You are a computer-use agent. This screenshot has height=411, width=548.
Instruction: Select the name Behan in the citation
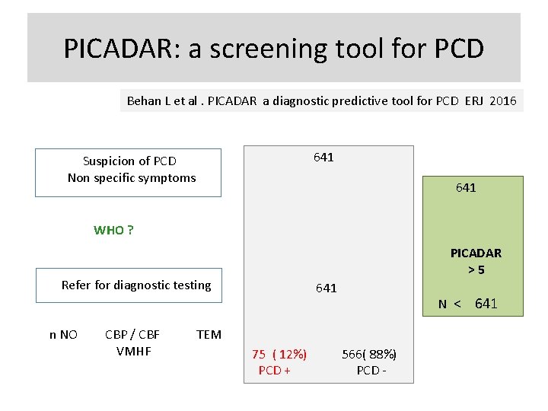pos(144,100)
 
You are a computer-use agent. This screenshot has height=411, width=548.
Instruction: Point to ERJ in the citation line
pos(474,100)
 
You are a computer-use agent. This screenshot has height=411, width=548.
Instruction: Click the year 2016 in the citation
pos(503,100)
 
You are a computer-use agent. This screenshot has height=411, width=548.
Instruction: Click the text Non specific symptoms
pos(132,177)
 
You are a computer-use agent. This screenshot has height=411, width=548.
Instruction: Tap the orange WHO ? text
pos(113,230)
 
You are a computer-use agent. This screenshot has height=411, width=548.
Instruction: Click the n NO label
pos(63,334)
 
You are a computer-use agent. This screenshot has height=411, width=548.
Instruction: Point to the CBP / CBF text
pos(132,334)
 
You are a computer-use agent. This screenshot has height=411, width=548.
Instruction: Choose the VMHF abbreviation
pos(134,351)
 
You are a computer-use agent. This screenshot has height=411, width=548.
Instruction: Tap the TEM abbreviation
pos(209,334)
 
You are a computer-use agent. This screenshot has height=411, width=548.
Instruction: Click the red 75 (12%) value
pos(279,354)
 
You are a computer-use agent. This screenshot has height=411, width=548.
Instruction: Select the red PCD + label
pos(275,370)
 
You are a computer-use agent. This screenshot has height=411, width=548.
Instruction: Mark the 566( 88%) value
pos(369,354)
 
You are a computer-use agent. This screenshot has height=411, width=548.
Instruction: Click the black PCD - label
pos(371,370)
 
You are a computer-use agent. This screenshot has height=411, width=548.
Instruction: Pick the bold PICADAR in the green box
pos(476,253)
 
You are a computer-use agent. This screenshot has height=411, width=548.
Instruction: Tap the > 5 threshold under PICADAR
pos(476,269)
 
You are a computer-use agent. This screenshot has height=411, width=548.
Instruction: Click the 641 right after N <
pos(486,304)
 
